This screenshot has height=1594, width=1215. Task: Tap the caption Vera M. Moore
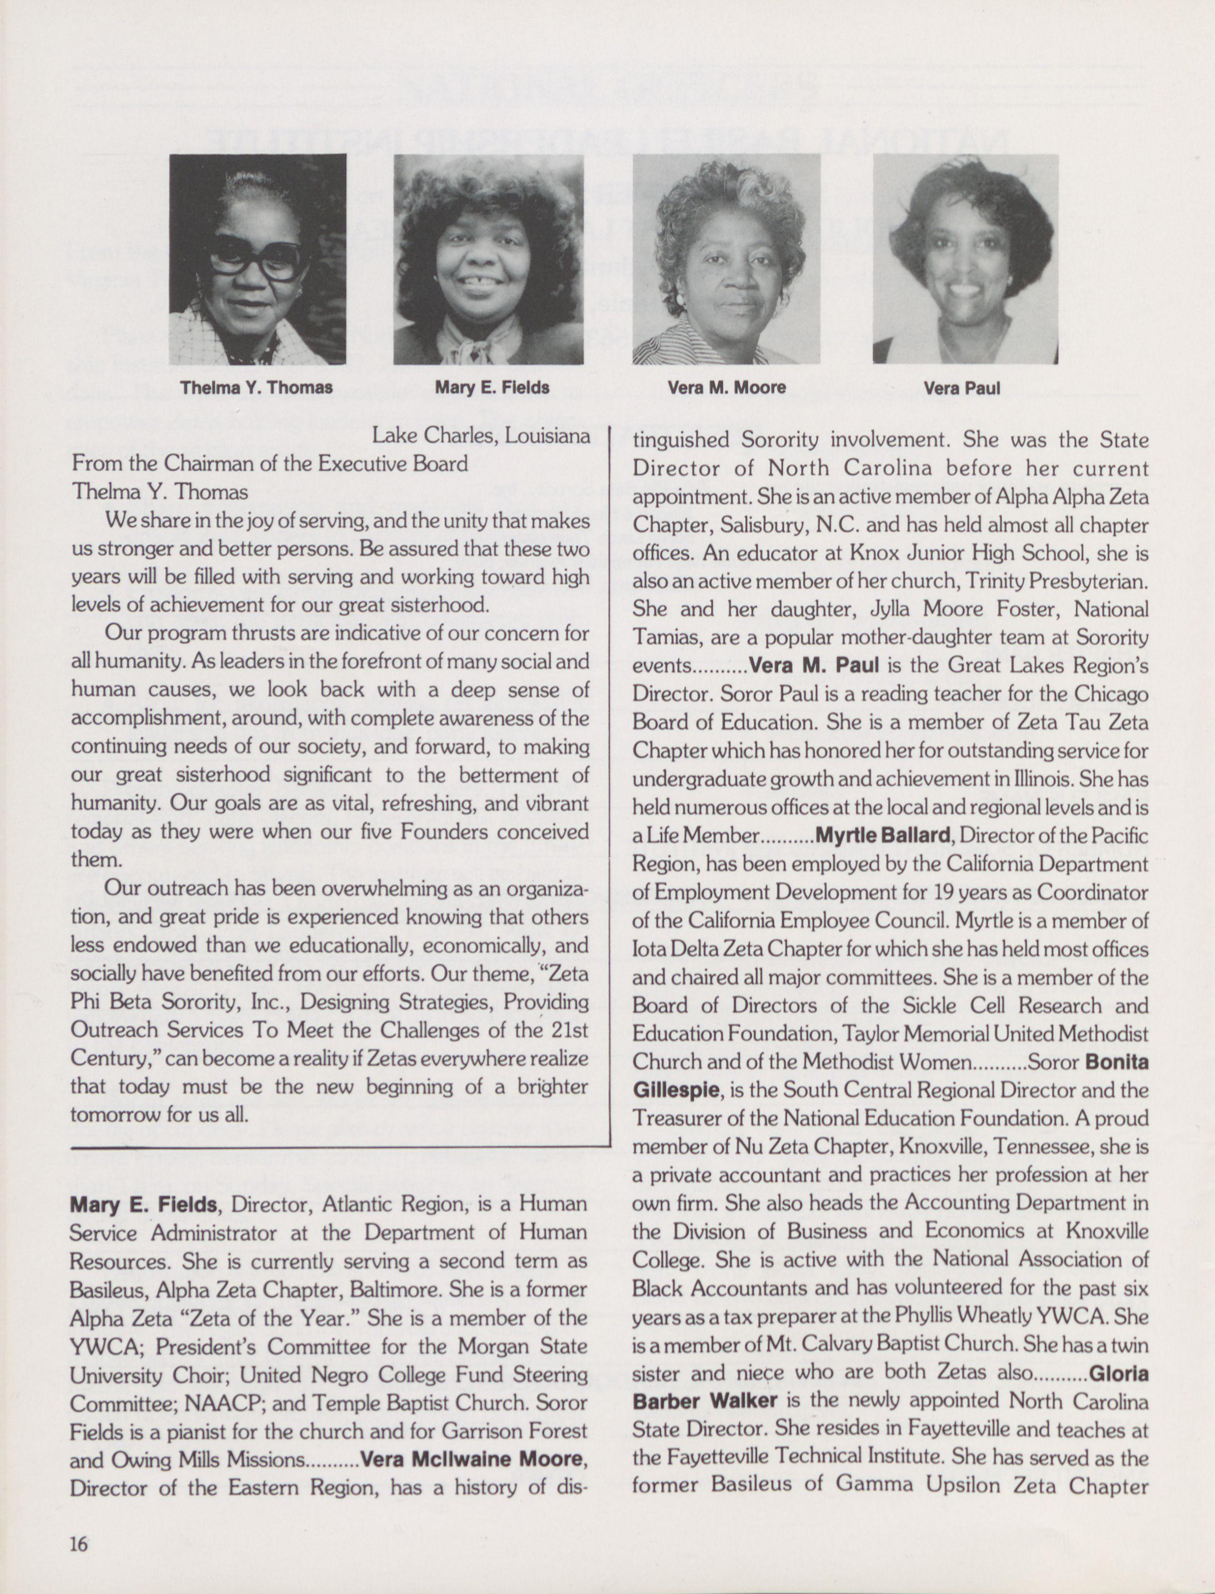tap(726, 387)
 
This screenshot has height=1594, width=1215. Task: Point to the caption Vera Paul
tap(962, 388)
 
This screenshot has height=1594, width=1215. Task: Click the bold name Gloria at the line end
tap(1118, 1372)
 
